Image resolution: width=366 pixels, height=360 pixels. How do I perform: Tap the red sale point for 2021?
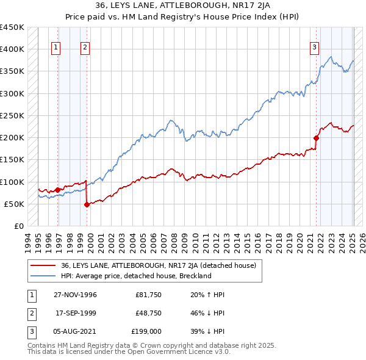tap(317, 137)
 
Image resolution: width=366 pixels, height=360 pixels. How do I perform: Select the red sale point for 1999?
tap(87, 204)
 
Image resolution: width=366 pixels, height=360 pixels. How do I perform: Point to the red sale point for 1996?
tap(58, 190)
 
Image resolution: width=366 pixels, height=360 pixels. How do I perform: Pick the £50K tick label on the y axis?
tap(14, 204)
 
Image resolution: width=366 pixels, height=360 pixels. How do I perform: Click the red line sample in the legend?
tap(43, 265)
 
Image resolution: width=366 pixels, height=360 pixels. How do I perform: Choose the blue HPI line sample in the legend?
tap(43, 276)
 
